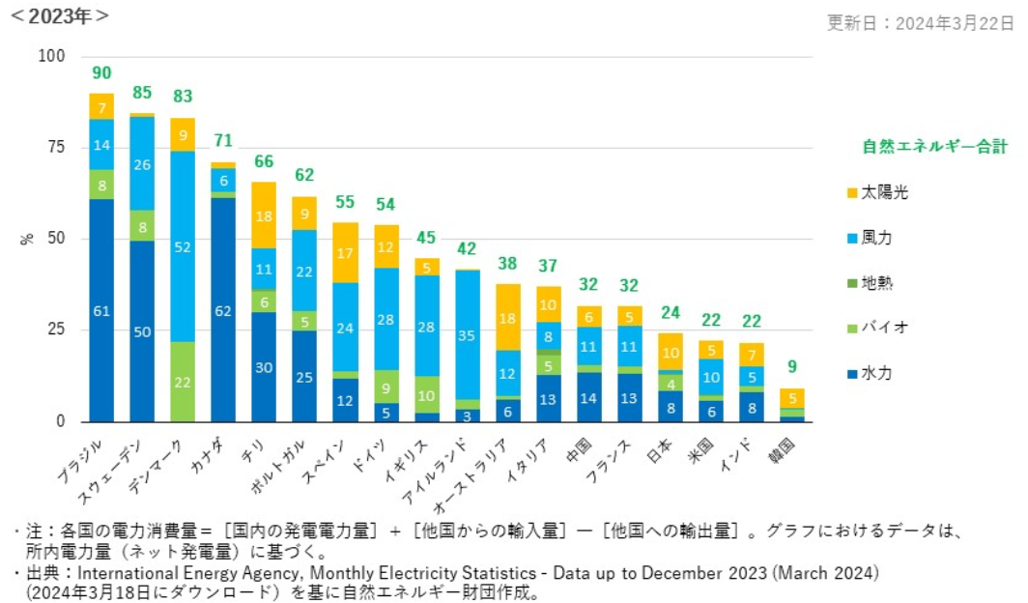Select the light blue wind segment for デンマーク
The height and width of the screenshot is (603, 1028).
[183, 246]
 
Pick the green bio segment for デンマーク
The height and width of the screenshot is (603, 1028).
[183, 381]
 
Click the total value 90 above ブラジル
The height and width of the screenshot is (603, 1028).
[101, 73]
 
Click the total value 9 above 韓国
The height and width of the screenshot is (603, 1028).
[791, 367]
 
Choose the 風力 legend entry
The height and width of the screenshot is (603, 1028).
[878, 238]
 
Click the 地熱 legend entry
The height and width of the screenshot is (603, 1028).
[878, 283]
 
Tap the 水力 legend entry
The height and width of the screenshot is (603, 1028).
[878, 373]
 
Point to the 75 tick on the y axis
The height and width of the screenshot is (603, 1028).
[57, 147]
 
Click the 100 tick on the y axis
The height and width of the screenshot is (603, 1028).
[52, 56]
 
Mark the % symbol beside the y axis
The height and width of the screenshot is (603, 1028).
[27, 239]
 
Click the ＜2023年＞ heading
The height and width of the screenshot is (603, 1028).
[60, 15]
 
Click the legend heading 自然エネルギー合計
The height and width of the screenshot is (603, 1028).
[934, 147]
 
